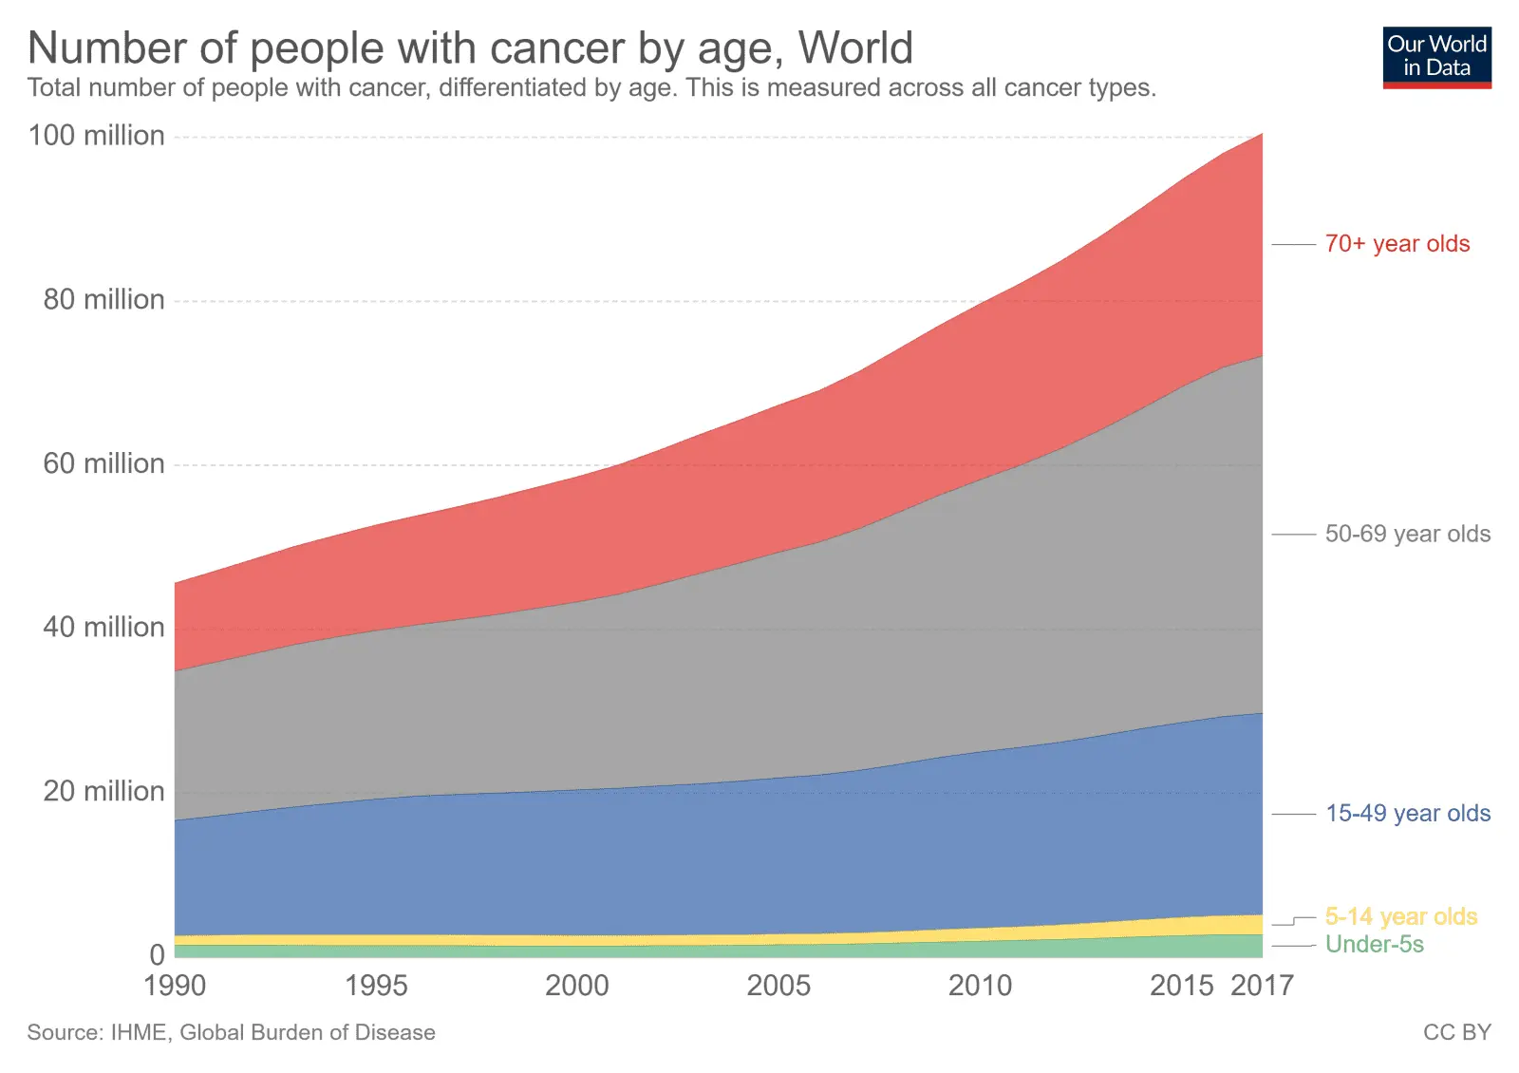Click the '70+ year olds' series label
pyautogui.click(x=1397, y=244)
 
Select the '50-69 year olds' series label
pyautogui.click(x=1407, y=534)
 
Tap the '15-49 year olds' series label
pyautogui.click(x=1407, y=814)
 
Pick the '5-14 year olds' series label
pyautogui.click(x=1400, y=916)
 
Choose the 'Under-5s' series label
pyautogui.click(x=1374, y=945)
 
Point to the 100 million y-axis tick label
pyautogui.click(x=96, y=136)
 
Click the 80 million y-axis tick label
pyautogui.click(x=103, y=300)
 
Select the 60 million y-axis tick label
pyautogui.click(x=103, y=464)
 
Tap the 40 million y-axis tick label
pyautogui.click(x=103, y=628)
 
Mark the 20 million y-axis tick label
pyautogui.click(x=103, y=792)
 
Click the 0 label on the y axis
pyautogui.click(x=157, y=955)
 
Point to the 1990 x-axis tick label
pyautogui.click(x=175, y=986)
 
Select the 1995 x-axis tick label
pyautogui.click(x=376, y=986)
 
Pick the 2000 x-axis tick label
pyautogui.click(x=577, y=986)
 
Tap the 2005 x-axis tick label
pyautogui.click(x=778, y=986)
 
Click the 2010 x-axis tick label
pyautogui.click(x=980, y=986)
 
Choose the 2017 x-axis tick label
pyautogui.click(x=1262, y=986)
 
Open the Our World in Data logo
pyautogui.click(x=1436, y=57)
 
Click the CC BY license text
pyautogui.click(x=1456, y=1033)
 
